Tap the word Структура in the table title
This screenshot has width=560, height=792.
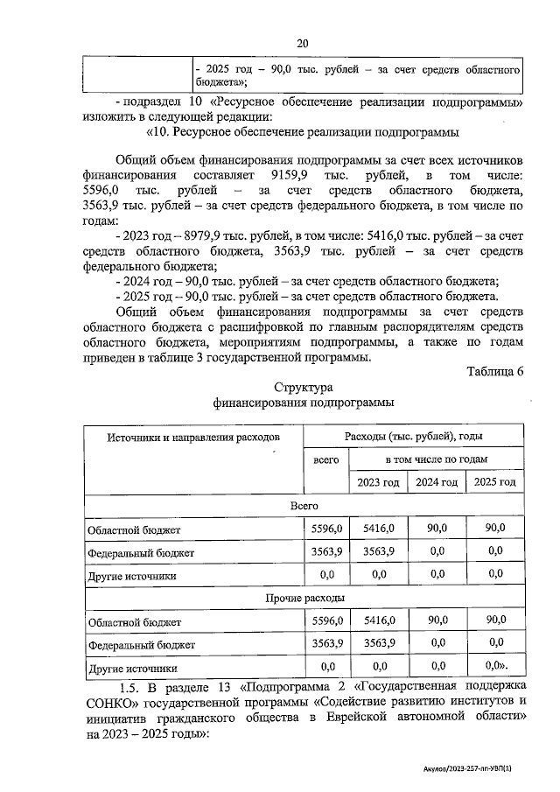(x=303, y=388)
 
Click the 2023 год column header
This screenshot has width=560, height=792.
(x=378, y=482)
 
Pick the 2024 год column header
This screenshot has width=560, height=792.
(x=437, y=482)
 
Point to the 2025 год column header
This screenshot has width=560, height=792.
(x=494, y=482)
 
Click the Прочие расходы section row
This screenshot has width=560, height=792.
(x=303, y=598)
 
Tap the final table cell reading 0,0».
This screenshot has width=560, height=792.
(x=496, y=666)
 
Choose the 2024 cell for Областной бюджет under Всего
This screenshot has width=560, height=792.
(x=437, y=529)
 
